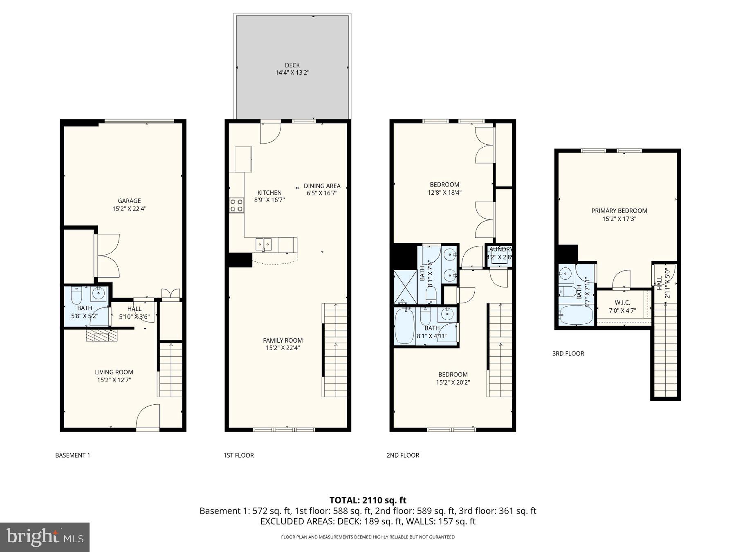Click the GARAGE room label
tap(129, 201)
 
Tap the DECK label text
tap(292, 65)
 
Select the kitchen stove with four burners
tap(236, 205)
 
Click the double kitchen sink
tap(264, 244)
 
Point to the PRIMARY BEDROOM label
tap(619, 211)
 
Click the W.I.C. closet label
tap(622, 303)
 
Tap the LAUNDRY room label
tap(499, 249)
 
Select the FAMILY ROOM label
tap(283, 340)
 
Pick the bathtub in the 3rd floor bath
tap(576, 315)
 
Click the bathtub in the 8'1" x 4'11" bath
tap(404, 326)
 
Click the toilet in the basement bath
tap(77, 294)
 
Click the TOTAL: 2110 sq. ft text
tap(368, 500)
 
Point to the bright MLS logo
tap(45, 537)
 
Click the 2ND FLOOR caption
tap(403, 455)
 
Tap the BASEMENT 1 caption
tap(72, 455)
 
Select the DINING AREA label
tap(322, 186)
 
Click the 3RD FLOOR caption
tap(568, 353)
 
